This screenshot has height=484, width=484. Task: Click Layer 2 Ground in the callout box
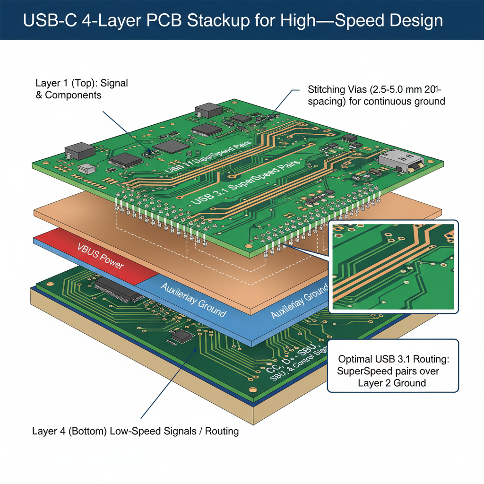[x=392, y=382]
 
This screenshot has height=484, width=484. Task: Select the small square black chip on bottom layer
[x=181, y=336]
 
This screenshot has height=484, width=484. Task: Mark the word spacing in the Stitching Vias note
[x=324, y=101]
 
